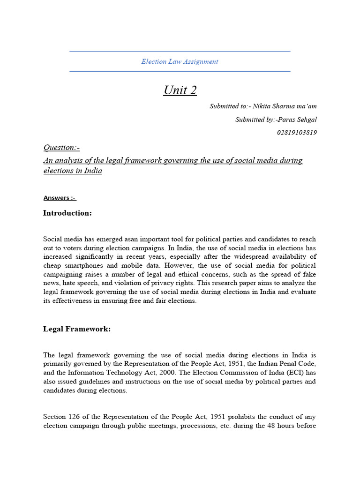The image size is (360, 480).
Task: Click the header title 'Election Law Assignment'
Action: click(180, 61)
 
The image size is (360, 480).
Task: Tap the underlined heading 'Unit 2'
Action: click(180, 90)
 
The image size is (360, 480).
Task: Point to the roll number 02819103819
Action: click(297, 133)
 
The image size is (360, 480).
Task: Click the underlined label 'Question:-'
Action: click(61, 148)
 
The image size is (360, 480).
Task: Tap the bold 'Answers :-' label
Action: click(60, 198)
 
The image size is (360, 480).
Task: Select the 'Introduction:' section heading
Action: click(67, 213)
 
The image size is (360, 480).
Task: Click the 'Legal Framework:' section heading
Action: click(77, 329)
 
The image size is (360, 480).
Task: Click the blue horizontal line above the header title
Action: click(180, 52)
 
